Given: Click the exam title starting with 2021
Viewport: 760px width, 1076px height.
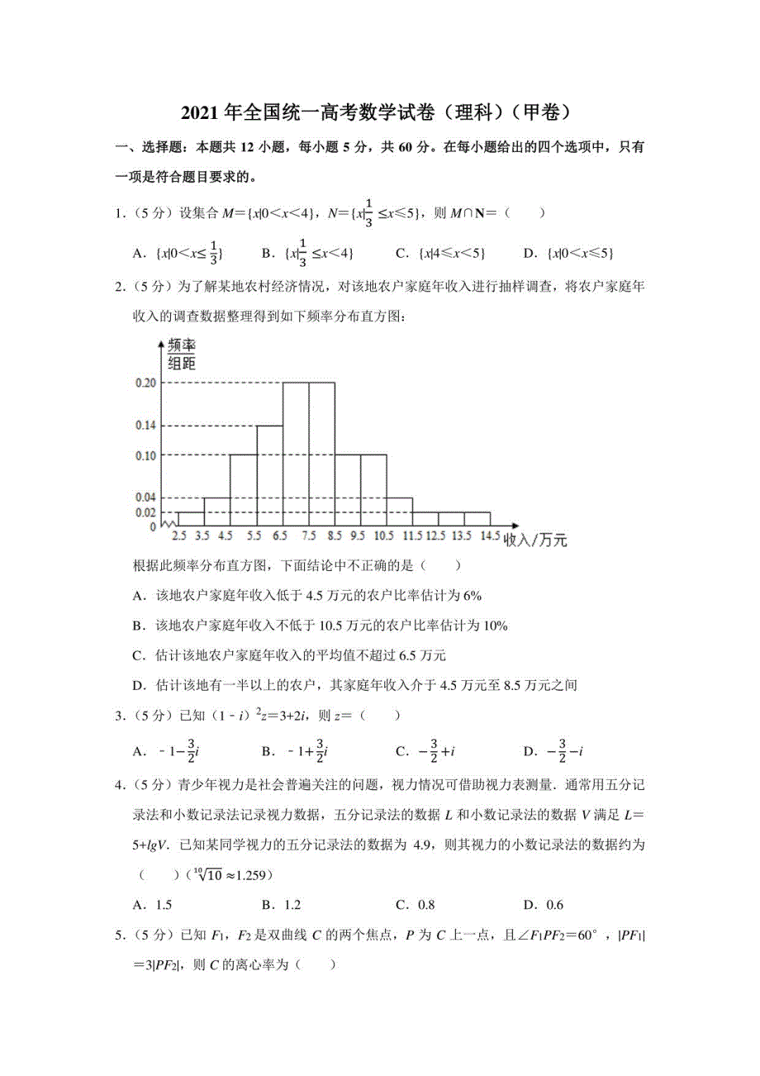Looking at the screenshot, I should click(379, 112).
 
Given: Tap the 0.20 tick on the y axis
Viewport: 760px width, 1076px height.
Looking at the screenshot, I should click(145, 383).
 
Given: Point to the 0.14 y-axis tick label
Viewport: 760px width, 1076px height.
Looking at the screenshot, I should click(145, 426).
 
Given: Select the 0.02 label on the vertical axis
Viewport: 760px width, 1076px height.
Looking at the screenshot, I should click(145, 512).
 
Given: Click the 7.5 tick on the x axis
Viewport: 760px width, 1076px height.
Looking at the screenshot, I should click(309, 536).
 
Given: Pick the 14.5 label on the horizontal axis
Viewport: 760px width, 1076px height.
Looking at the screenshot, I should click(490, 536).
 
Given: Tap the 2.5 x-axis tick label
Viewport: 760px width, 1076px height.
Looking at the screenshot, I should click(178, 536).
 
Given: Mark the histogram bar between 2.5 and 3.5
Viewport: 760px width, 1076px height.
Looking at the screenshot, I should click(191, 518).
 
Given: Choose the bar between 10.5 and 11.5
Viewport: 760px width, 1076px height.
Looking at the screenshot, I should click(399, 512).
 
